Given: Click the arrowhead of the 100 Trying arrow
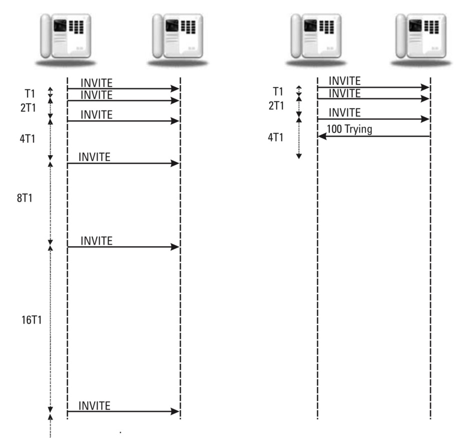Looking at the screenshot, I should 322,136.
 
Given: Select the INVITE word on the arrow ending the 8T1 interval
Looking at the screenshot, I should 96,241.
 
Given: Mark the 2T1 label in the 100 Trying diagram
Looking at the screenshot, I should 276,106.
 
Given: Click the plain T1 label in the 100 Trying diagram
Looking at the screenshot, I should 277,91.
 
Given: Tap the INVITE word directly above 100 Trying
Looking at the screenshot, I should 345,113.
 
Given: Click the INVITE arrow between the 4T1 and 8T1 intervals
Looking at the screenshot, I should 123,163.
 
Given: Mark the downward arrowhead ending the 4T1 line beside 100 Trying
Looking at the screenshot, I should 299,156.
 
